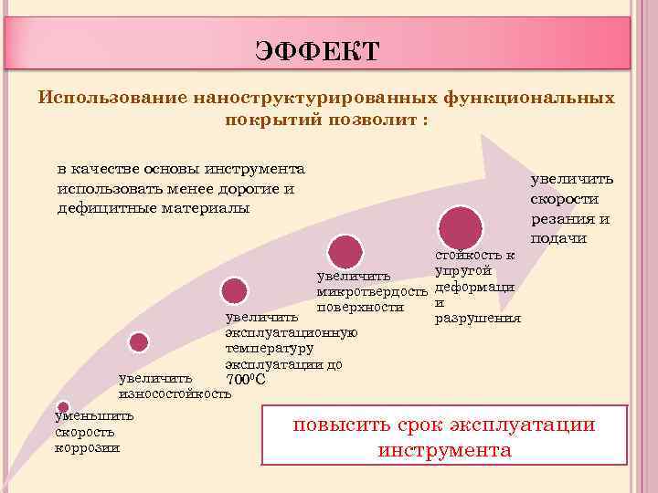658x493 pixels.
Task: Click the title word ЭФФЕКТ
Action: click(x=317, y=51)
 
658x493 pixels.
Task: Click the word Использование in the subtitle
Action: click(x=108, y=98)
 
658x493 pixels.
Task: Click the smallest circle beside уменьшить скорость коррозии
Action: click(x=63, y=407)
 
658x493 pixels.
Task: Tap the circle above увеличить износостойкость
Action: click(x=139, y=342)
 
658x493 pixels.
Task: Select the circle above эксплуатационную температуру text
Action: click(x=235, y=291)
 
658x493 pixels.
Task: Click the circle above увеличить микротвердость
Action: click(x=345, y=250)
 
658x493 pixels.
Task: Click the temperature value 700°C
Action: click(x=246, y=379)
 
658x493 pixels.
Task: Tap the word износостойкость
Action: click(x=175, y=394)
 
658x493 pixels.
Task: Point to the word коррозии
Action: click(x=87, y=447)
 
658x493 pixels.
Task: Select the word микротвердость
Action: click(x=371, y=291)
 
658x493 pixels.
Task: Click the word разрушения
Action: click(x=477, y=318)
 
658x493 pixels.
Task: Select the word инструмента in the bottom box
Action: click(x=444, y=451)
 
